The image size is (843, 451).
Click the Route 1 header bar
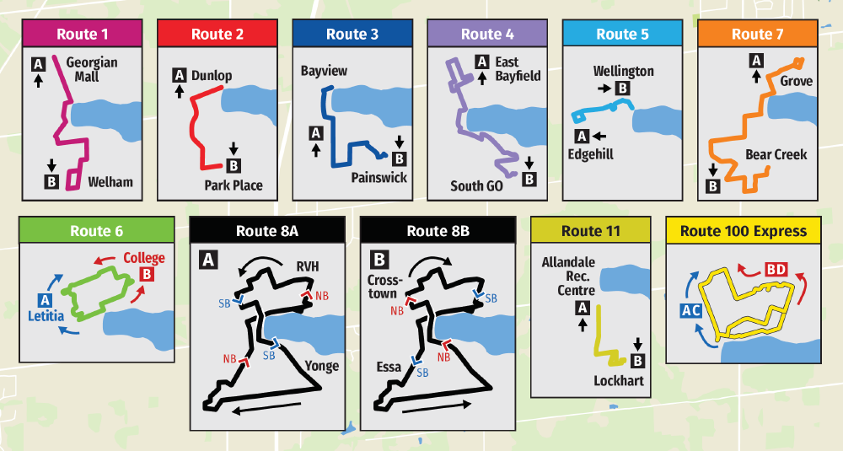[x=82, y=35]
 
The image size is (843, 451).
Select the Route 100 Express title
[x=744, y=231]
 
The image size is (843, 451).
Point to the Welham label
[x=110, y=181]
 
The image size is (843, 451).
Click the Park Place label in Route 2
[x=233, y=185]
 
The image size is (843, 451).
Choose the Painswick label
[x=379, y=178]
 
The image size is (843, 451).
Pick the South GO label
[x=476, y=185]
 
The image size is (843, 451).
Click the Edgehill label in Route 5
[x=590, y=154]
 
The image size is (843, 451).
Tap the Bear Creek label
[x=776, y=154]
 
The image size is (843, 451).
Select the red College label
[x=144, y=258]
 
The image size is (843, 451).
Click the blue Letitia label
[x=47, y=315]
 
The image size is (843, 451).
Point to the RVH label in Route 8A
[x=308, y=268]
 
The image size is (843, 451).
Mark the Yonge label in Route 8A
[x=321, y=365]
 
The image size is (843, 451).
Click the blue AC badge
[x=691, y=310]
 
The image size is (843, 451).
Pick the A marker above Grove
[x=756, y=61]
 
